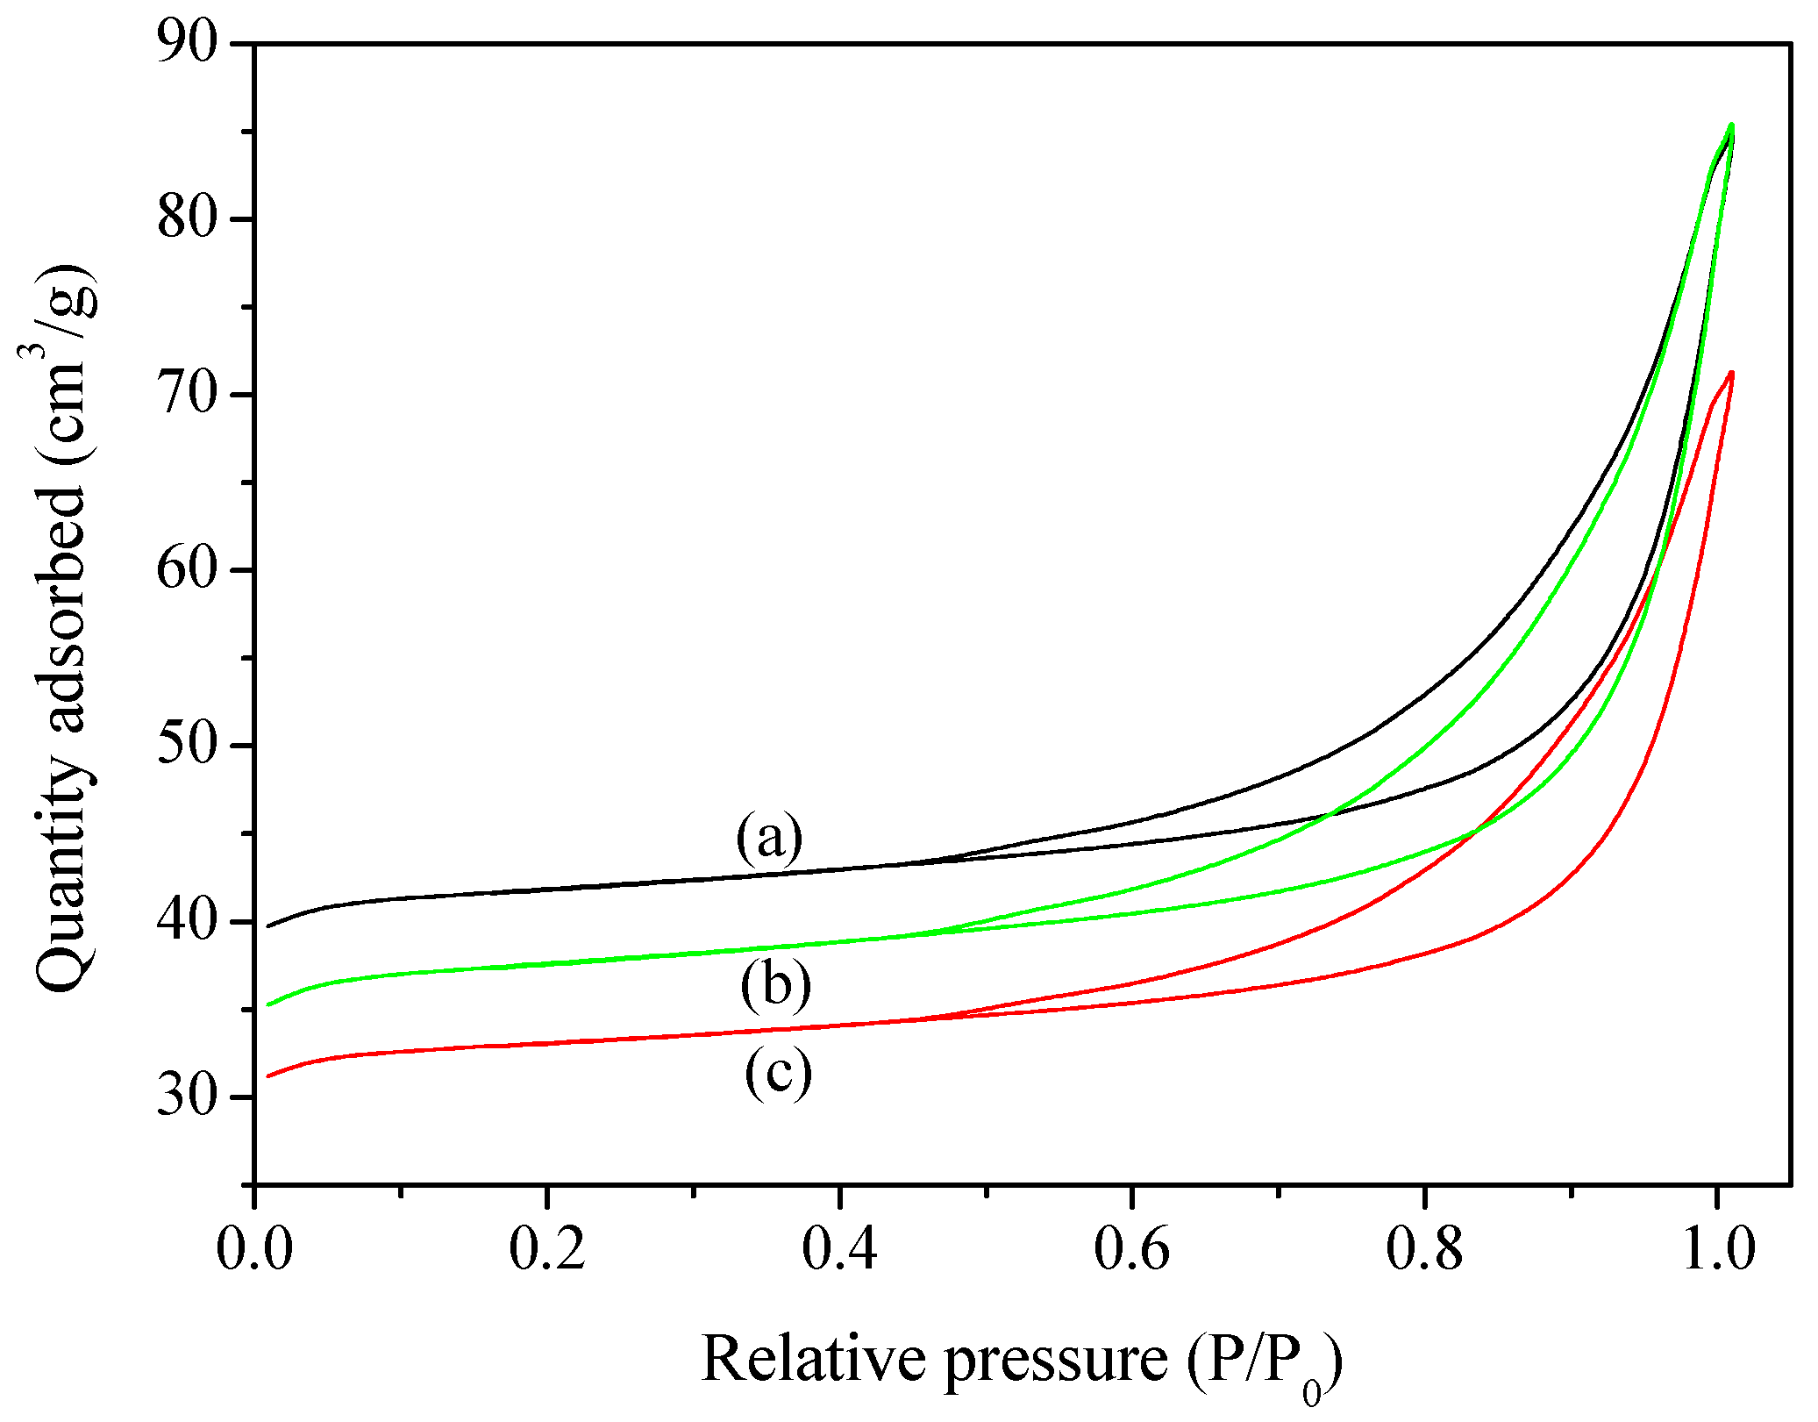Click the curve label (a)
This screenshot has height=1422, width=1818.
[769, 838]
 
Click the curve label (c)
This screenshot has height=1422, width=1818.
[778, 1072]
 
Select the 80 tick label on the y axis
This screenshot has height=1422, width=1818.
[187, 218]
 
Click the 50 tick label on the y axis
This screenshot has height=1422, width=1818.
[187, 746]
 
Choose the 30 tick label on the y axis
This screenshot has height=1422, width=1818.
[187, 1097]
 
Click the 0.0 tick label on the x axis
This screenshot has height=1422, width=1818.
[254, 1249]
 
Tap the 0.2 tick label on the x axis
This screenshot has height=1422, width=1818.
[546, 1249]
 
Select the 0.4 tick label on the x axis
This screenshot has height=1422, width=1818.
[839, 1249]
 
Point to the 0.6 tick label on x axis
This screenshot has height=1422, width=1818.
[1131, 1249]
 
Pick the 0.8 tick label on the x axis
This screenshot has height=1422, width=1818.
[1424, 1249]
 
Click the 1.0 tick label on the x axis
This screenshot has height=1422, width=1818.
[1717, 1249]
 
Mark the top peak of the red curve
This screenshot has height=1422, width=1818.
[1731, 373]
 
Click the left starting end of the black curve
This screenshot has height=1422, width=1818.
[269, 925]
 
